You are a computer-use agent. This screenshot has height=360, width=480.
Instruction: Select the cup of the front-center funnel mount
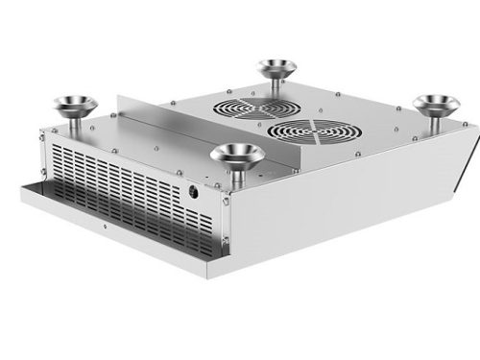coord(237,153)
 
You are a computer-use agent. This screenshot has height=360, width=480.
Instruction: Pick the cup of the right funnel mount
coord(436,103)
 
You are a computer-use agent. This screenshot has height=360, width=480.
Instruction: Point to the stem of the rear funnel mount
coord(276,87)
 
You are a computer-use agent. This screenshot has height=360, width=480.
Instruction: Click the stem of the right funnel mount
coord(436,122)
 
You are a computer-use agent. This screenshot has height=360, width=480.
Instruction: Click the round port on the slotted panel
coord(195,191)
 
